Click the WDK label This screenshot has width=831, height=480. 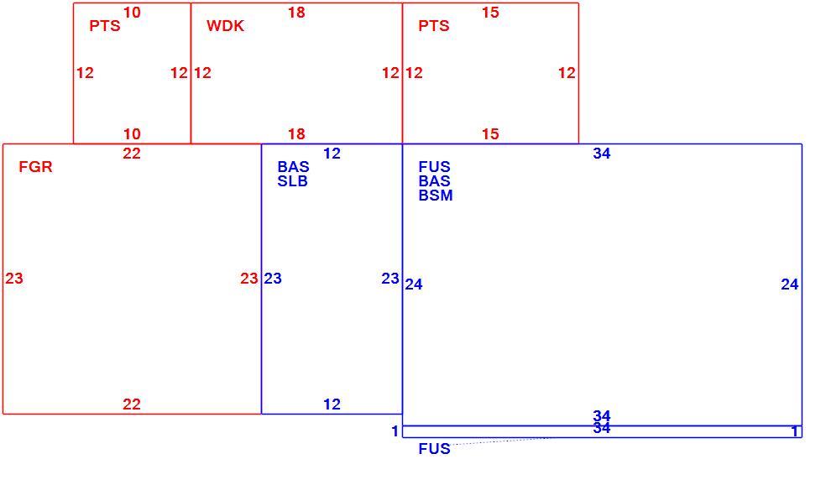[225, 26]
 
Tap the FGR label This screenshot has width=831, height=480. [35, 167]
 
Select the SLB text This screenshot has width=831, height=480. [293, 181]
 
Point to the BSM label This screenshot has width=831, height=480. [436, 196]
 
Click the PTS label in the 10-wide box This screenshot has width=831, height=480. [105, 26]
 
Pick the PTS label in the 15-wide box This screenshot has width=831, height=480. [434, 26]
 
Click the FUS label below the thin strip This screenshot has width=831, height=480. [435, 449]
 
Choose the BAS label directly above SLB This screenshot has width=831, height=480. [294, 167]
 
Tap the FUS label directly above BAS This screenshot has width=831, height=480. [435, 167]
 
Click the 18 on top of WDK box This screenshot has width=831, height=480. [297, 13]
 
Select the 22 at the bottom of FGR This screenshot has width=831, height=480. [132, 404]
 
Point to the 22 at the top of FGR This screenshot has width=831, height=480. [132, 154]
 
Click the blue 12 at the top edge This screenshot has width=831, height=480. [332, 154]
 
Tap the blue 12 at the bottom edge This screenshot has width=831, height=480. [332, 404]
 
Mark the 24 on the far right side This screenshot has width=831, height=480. [790, 284]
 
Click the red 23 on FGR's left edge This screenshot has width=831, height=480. [14, 278]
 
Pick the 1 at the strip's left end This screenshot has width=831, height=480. [395, 431]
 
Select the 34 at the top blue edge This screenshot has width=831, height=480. [602, 154]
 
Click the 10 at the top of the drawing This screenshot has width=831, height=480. [132, 13]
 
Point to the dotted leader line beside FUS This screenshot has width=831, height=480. [501, 441]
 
